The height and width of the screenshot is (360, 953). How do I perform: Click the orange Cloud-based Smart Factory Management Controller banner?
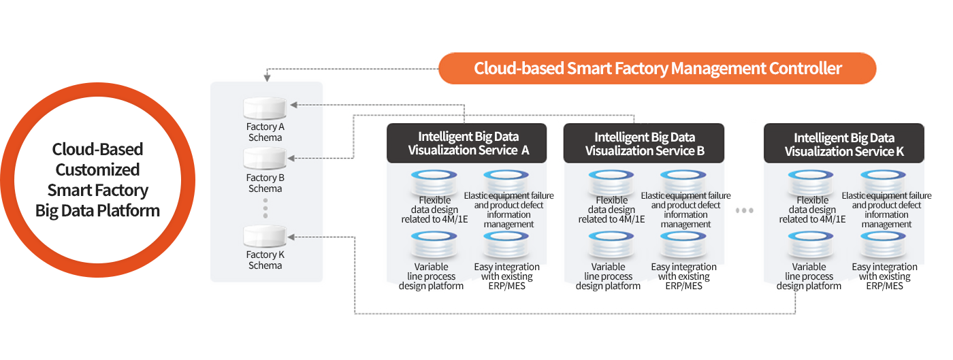click(658, 69)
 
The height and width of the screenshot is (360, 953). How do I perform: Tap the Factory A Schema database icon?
click(265, 109)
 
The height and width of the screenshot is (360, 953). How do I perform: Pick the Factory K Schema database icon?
click(265, 237)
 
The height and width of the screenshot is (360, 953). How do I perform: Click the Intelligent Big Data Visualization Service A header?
click(467, 144)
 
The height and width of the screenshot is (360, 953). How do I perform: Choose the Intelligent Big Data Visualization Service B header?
click(644, 144)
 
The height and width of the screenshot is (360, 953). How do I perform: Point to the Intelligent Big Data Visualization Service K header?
click(843, 144)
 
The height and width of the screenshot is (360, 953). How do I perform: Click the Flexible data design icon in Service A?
click(434, 182)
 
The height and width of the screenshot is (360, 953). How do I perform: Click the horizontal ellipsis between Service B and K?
click(745, 211)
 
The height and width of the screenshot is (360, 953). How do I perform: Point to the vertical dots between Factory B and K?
click(265, 208)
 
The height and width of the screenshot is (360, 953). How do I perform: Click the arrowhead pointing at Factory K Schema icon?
click(291, 237)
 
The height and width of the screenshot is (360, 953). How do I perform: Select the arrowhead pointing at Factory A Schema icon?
click(293, 105)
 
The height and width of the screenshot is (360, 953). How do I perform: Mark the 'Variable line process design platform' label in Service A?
click(431, 276)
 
